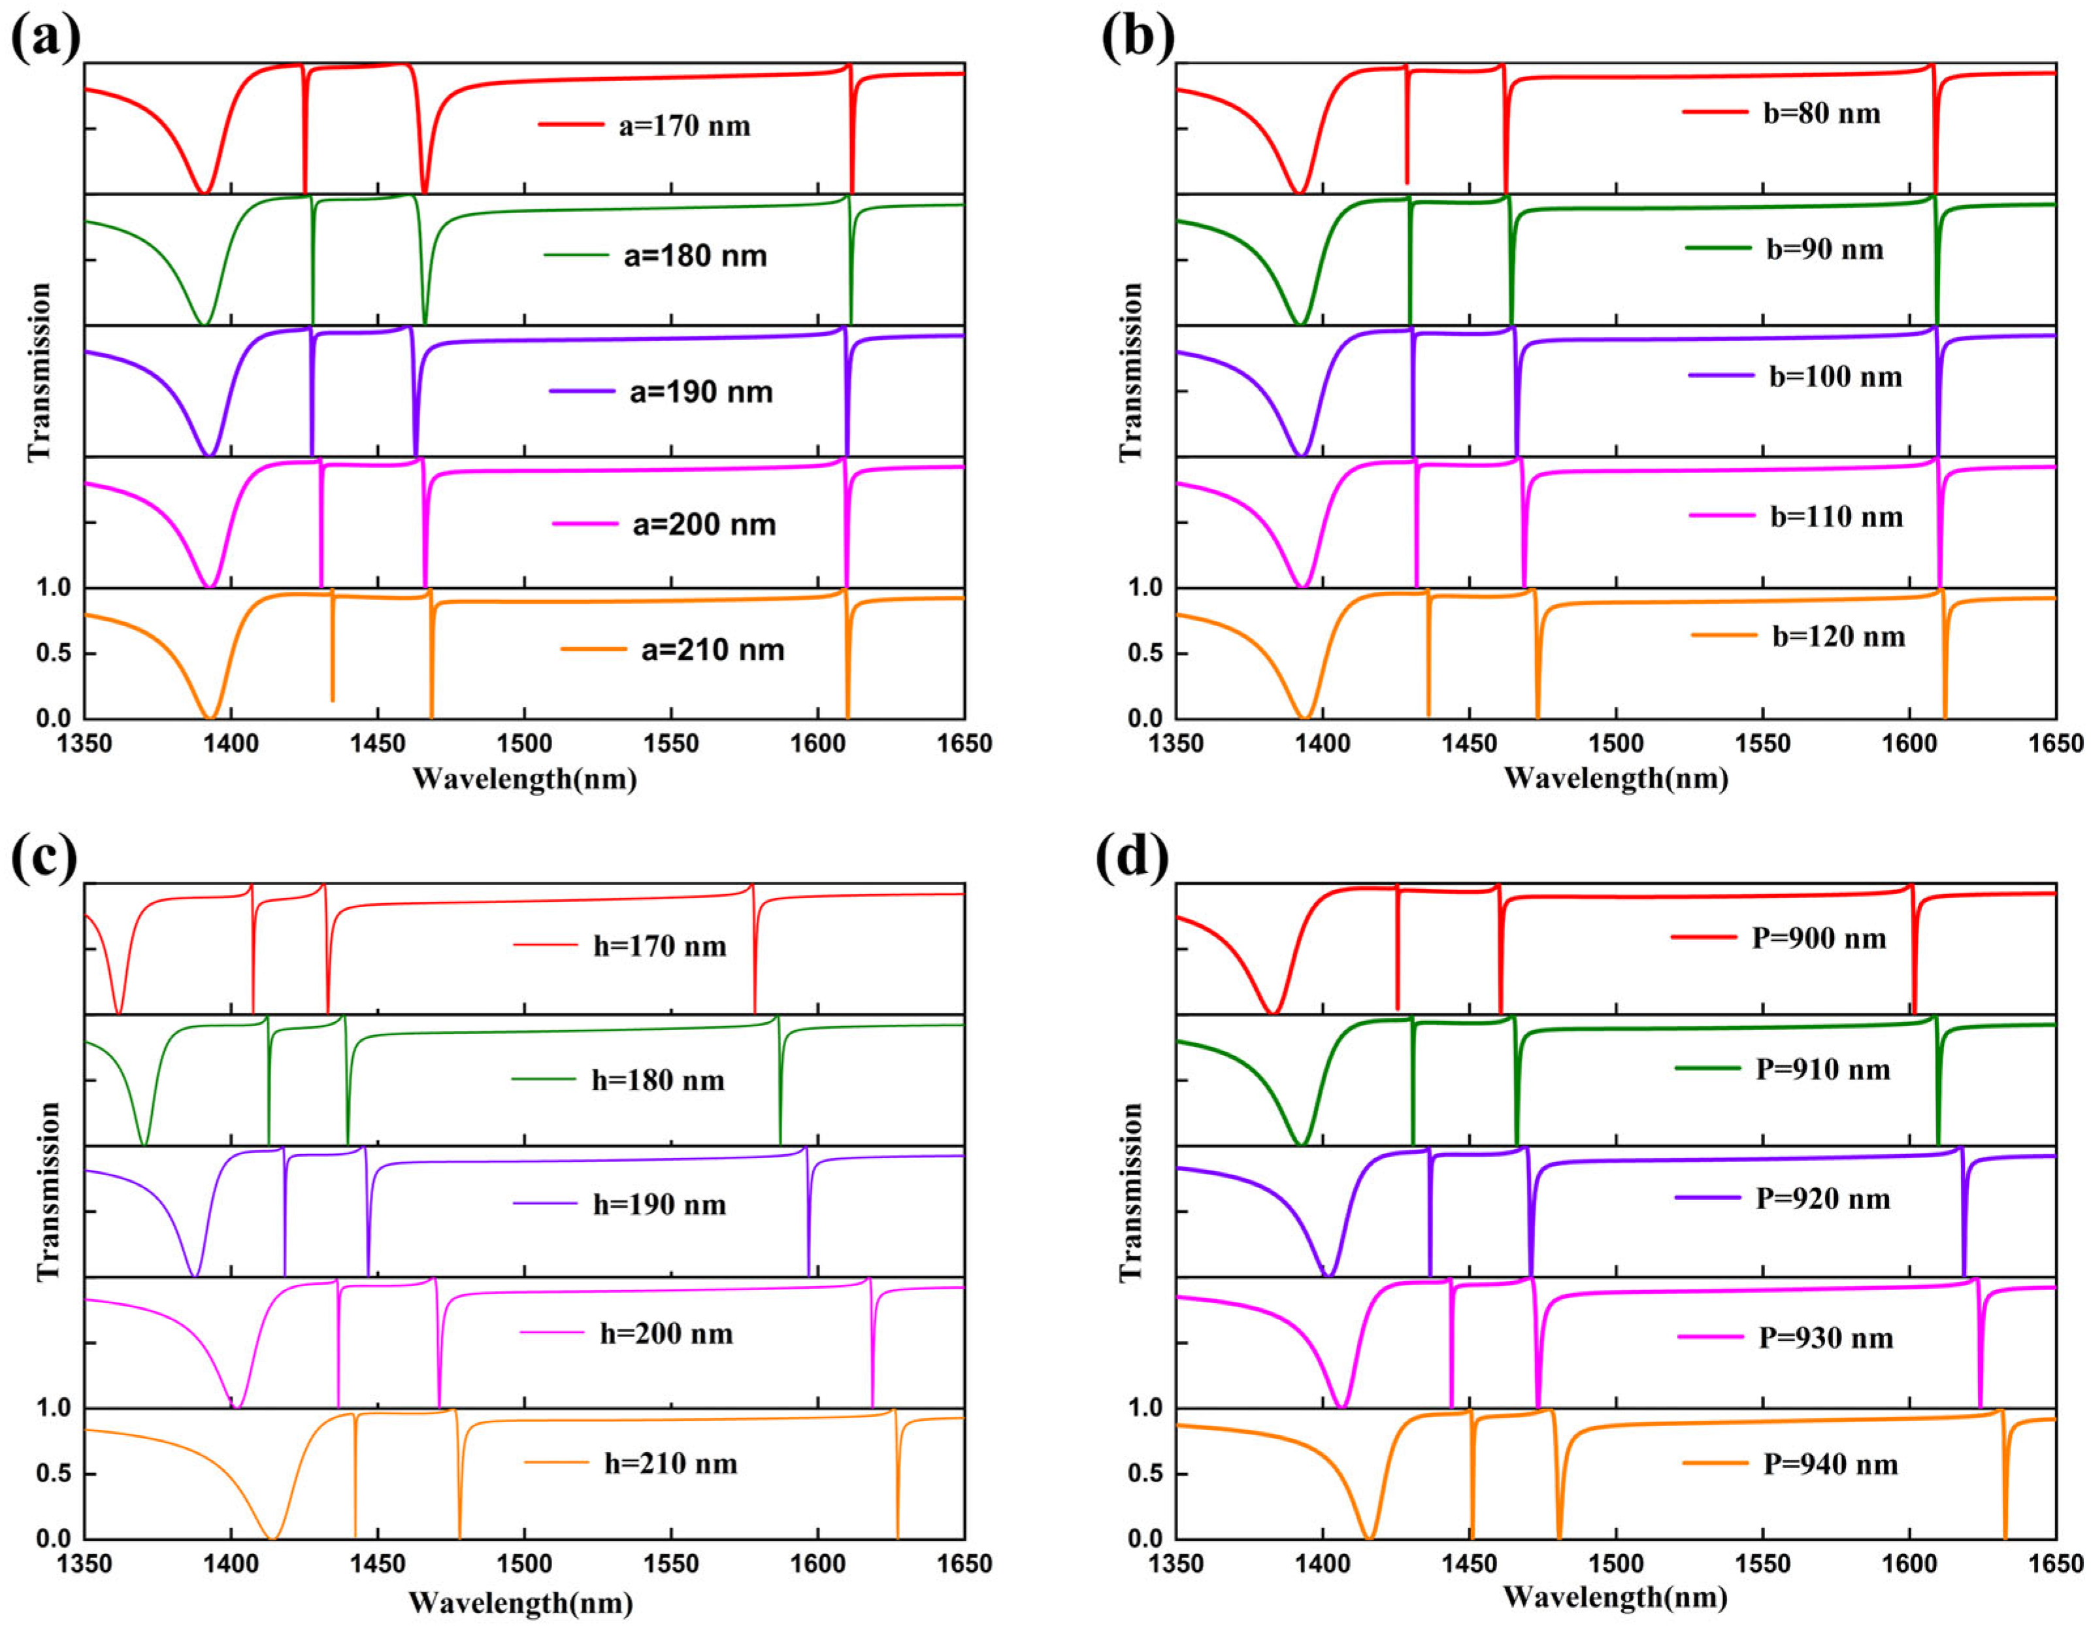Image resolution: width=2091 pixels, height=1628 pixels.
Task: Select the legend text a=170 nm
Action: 685,126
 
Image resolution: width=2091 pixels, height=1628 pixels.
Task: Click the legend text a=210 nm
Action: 712,650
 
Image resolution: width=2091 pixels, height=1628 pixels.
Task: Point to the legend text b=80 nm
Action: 1821,114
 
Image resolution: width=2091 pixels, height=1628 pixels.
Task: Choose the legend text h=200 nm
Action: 667,1333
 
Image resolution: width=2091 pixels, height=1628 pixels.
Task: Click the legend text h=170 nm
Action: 660,946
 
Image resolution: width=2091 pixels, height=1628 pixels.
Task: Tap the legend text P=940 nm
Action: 1830,1464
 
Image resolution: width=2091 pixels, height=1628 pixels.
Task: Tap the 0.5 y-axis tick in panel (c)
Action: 55,1474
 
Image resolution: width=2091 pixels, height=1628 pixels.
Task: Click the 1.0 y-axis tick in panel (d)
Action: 1147,1408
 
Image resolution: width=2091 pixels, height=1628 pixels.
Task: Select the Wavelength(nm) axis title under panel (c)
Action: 521,1601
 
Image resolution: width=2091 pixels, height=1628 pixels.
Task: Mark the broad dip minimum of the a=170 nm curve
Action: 202,191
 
